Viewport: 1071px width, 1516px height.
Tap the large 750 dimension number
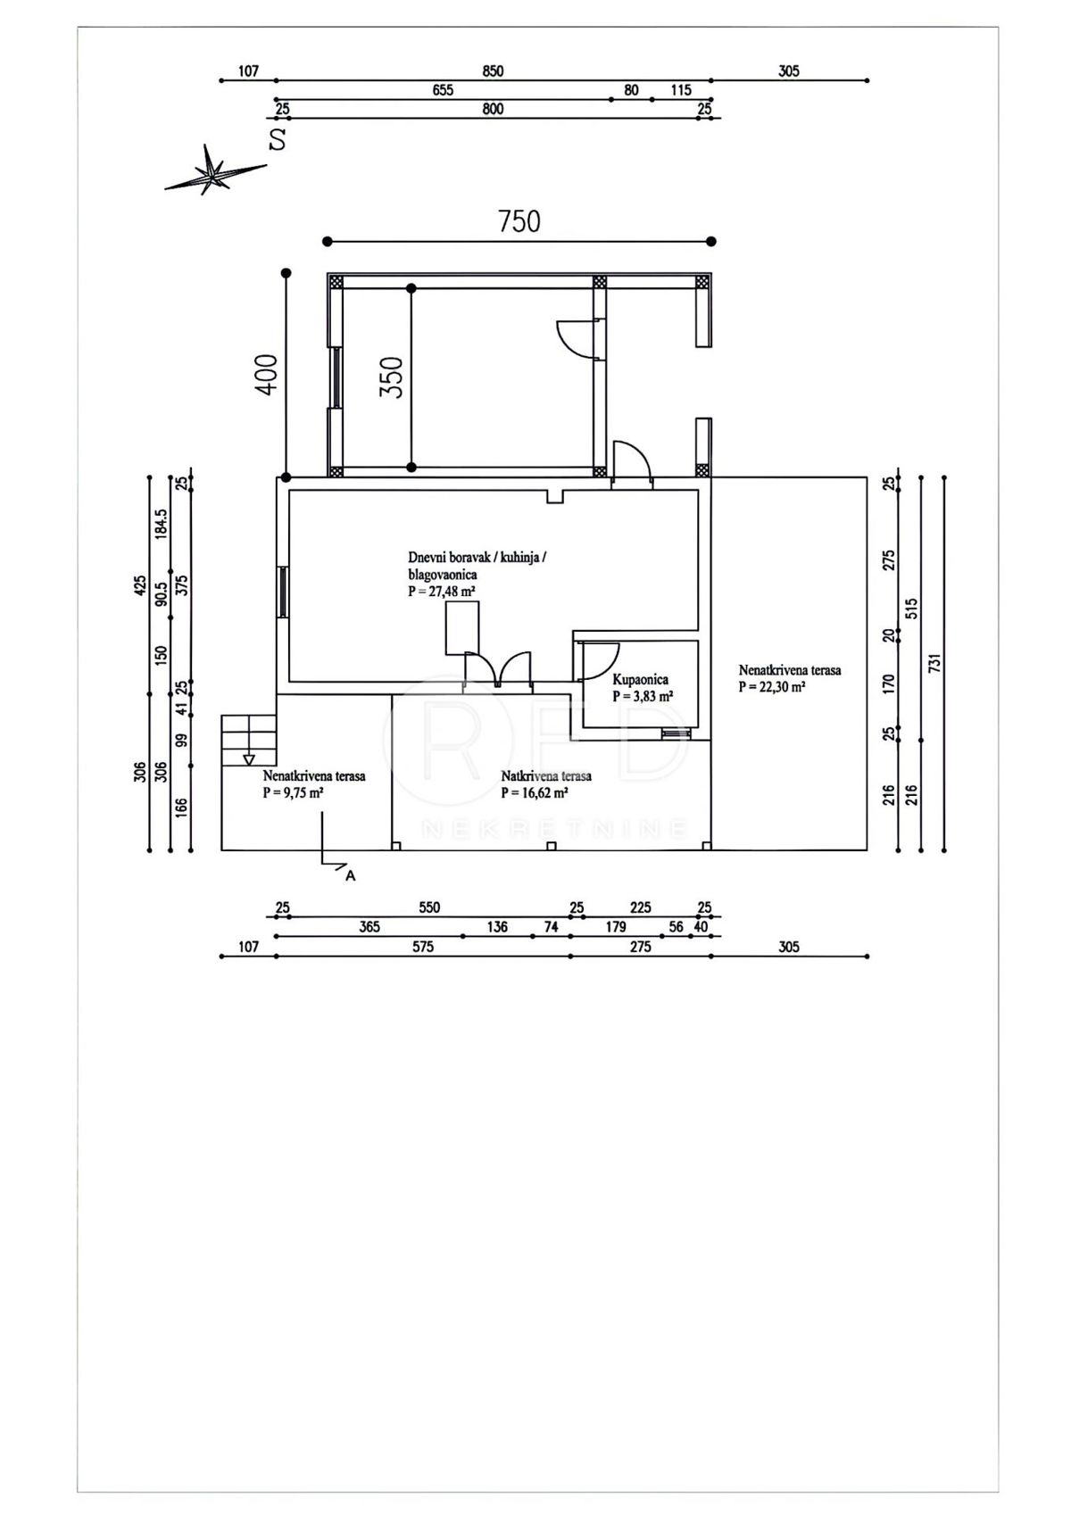coord(519,221)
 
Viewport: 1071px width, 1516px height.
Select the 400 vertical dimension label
coord(267,374)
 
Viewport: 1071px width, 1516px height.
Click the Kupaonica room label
coord(641,680)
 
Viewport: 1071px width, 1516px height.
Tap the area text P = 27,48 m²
coord(442,591)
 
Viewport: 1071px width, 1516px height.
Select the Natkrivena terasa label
coord(545,775)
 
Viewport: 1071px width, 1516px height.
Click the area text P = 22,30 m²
coord(772,687)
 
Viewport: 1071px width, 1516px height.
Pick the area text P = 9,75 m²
coord(293,792)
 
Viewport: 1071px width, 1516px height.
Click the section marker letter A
coord(350,875)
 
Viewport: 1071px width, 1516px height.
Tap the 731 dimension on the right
coord(934,663)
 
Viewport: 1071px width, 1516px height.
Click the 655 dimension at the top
coord(442,90)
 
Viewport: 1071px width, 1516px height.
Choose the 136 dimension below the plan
coord(497,926)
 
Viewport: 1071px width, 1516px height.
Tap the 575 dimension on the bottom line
coord(423,946)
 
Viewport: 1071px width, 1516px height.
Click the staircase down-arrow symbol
coord(249,759)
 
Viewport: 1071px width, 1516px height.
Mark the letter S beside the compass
coord(277,139)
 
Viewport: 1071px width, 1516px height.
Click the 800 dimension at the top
coord(493,109)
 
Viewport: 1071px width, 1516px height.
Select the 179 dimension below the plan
coord(616,926)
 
